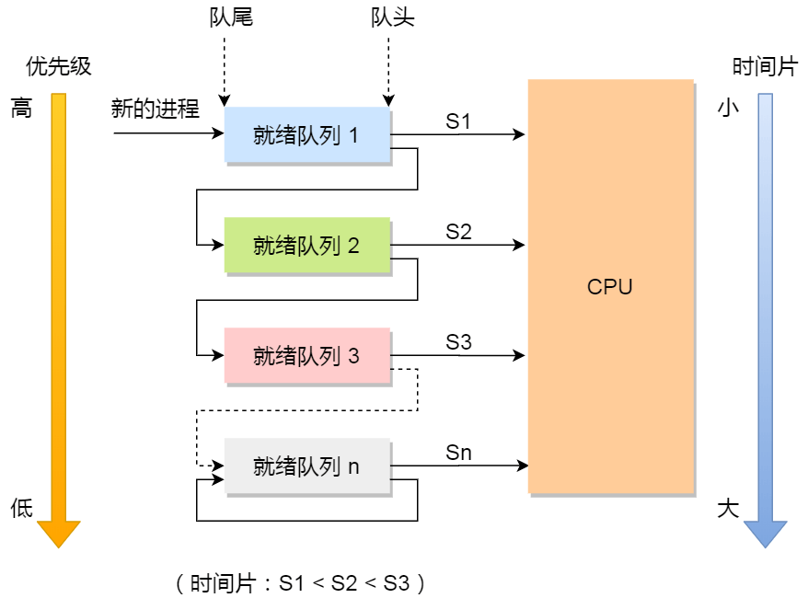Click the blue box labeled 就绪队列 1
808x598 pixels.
(x=307, y=135)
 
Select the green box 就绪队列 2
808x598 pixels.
(x=307, y=246)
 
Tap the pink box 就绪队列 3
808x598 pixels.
(x=307, y=356)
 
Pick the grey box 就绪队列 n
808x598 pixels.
(x=307, y=466)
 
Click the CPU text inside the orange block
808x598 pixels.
(x=609, y=287)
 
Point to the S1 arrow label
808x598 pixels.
(x=458, y=121)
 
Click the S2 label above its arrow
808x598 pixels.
(x=458, y=232)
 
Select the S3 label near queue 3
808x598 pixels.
(x=458, y=342)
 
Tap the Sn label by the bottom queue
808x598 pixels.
(x=458, y=453)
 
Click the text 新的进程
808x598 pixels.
(x=156, y=109)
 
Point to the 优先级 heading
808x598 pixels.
(x=59, y=67)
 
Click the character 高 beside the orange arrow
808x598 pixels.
(x=21, y=109)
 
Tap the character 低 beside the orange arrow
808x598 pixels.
(x=21, y=508)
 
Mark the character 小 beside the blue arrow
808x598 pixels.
(x=728, y=109)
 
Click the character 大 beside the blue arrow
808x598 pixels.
(x=728, y=508)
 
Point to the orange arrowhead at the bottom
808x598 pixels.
(x=59, y=533)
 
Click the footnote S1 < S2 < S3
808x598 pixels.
(x=299, y=582)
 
